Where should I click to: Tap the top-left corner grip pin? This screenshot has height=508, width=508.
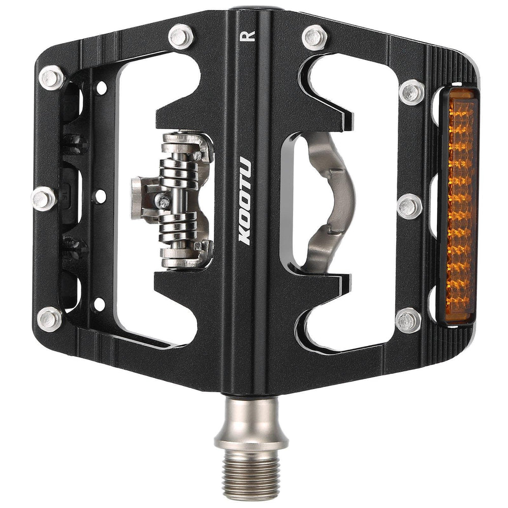click(x=51, y=78)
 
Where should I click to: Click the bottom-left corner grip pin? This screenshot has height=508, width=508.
click(x=50, y=319)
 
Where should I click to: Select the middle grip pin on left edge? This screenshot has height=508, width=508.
click(x=44, y=199)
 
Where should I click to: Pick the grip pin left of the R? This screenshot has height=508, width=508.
click(x=181, y=36)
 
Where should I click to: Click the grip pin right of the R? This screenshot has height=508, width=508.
click(x=315, y=37)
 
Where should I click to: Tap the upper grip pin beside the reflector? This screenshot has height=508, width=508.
click(x=411, y=92)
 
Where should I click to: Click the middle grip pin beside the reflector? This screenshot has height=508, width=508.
click(x=409, y=206)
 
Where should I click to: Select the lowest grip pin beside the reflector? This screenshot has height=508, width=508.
click(x=408, y=320)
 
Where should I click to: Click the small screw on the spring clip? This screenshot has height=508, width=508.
click(x=164, y=201)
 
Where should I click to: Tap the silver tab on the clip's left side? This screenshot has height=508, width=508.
click(x=138, y=198)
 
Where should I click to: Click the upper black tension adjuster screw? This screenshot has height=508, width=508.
click(x=75, y=144)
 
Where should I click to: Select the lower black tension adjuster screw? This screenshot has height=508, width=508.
click(x=75, y=247)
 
